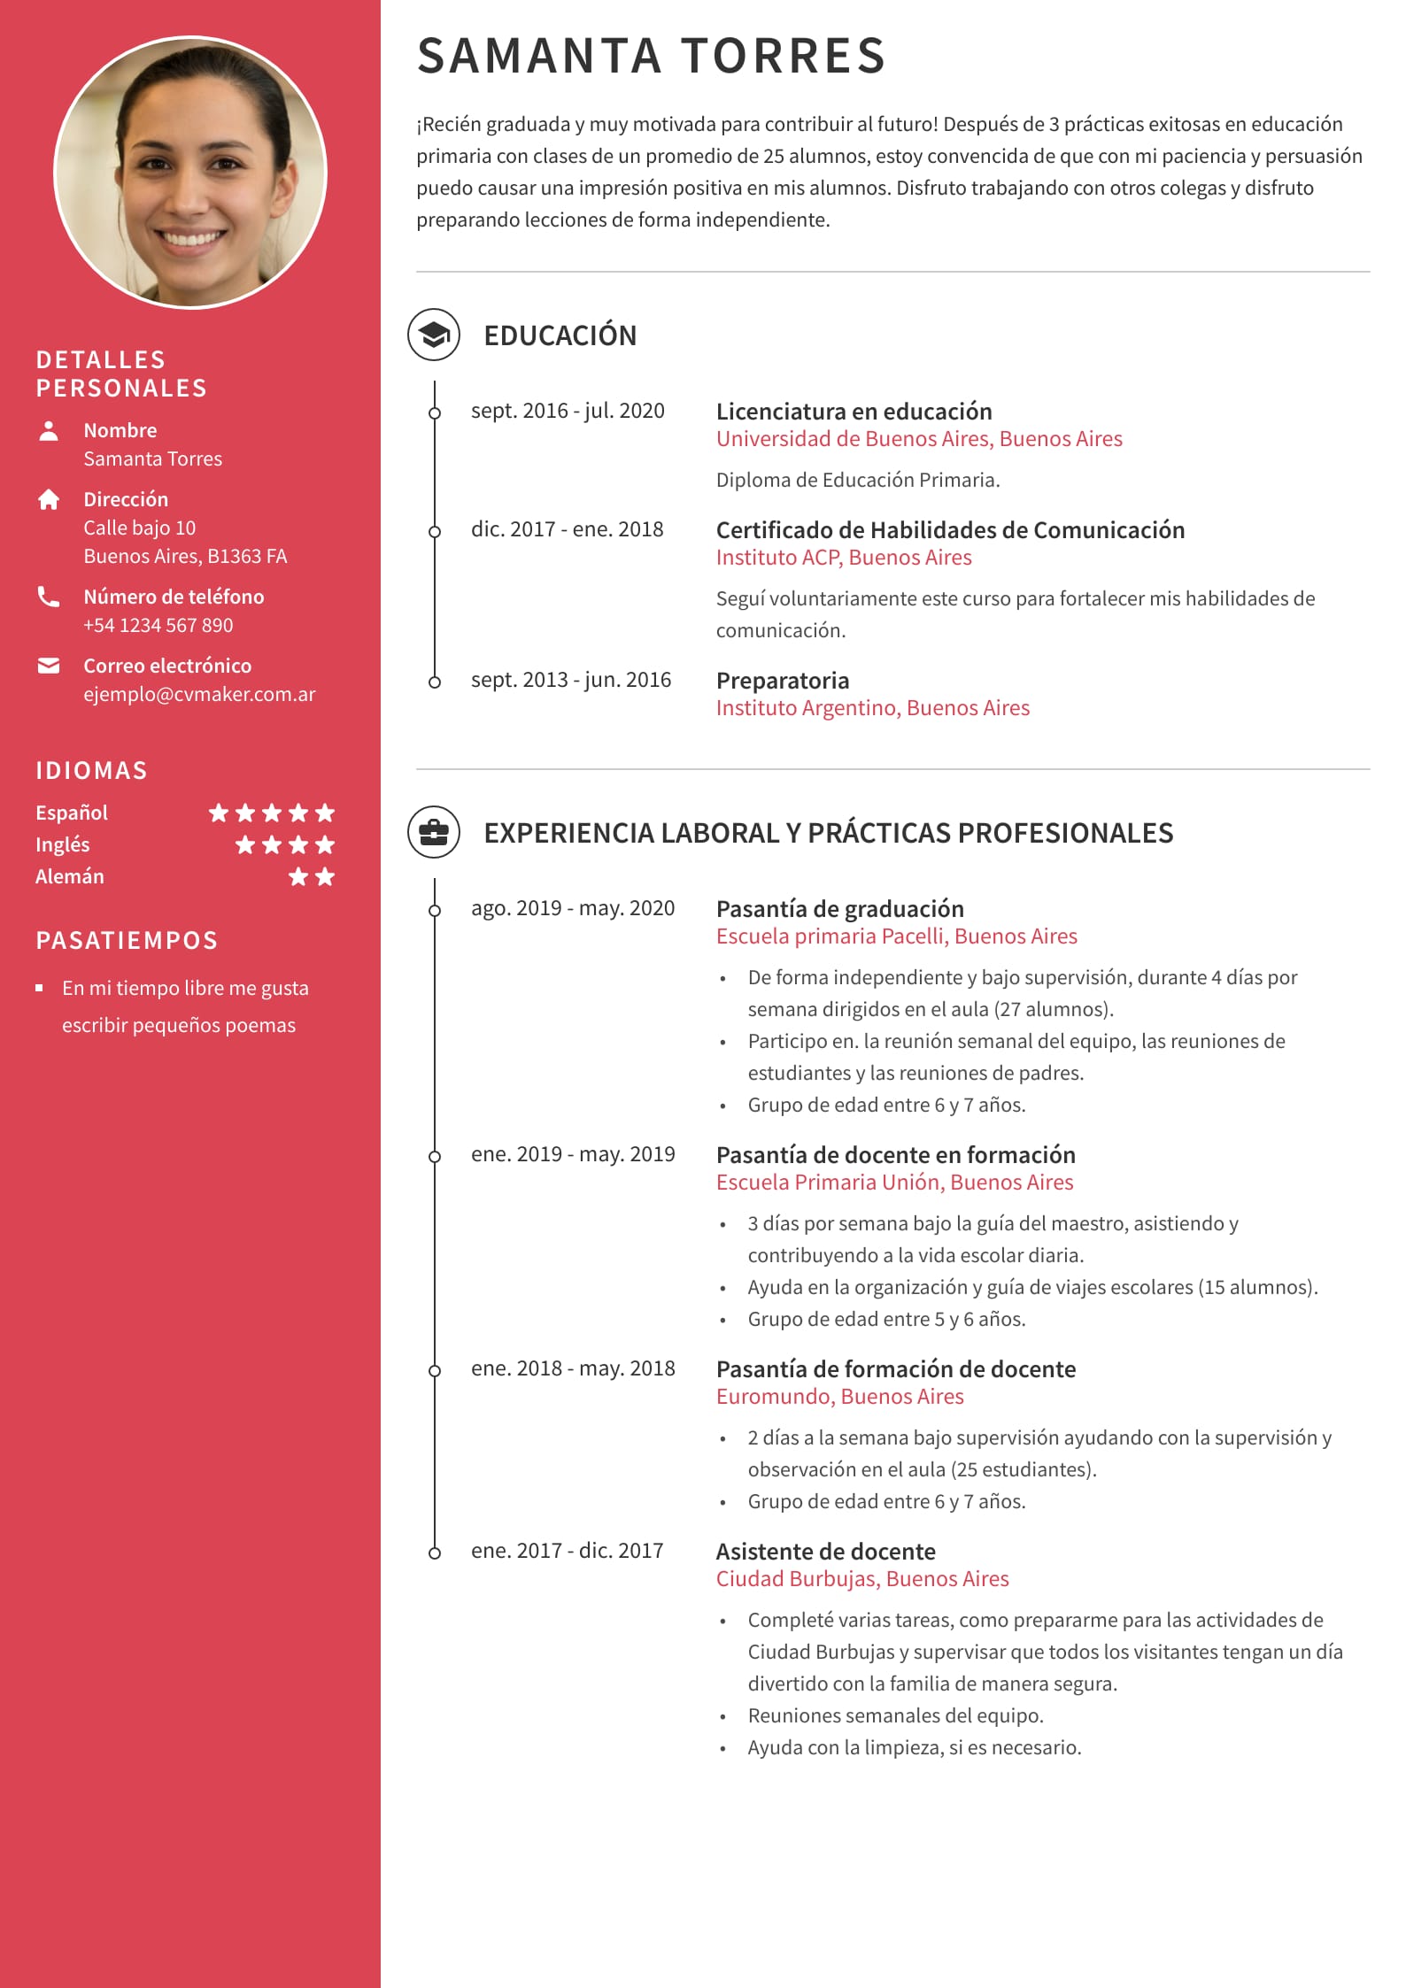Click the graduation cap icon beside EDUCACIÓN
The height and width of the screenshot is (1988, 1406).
(433, 335)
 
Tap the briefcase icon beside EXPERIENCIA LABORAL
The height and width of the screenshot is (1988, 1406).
(433, 832)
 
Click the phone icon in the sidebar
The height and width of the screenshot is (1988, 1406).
(49, 597)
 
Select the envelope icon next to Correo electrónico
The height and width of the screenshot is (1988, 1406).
(49, 666)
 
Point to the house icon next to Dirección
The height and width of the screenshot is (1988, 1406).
(49, 500)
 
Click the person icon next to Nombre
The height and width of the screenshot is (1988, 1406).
(49, 431)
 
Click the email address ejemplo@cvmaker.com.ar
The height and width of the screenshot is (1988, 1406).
(199, 694)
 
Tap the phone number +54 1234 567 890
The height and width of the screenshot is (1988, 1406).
(158, 625)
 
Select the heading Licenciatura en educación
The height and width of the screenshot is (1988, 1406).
(854, 412)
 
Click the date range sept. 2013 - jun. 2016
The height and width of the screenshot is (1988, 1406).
(570, 680)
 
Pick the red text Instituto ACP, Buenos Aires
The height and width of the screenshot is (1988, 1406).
(843, 558)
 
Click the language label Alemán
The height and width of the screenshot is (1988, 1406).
(70, 876)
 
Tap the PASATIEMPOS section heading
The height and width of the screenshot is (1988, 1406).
(127, 940)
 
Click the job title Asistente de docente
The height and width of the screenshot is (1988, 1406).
(825, 1552)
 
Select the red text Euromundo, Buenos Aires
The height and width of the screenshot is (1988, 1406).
(839, 1397)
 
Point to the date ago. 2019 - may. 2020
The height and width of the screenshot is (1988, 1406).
(572, 908)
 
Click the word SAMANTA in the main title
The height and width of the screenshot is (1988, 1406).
(539, 56)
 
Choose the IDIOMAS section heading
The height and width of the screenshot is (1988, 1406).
(91, 770)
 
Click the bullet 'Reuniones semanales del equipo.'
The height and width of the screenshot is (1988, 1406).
(895, 1715)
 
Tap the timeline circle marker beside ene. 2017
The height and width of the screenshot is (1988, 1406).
(434, 1553)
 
